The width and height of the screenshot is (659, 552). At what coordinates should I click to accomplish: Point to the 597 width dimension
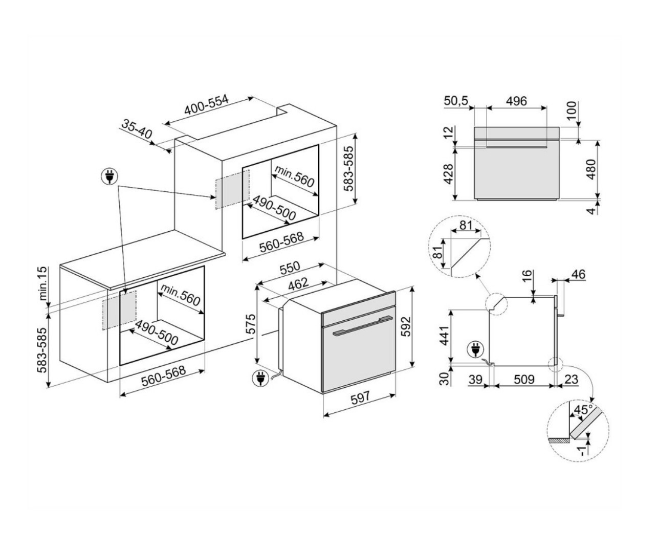(360, 401)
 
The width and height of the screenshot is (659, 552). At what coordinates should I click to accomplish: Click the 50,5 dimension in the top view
(456, 101)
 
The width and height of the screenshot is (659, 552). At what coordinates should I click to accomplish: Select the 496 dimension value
(516, 101)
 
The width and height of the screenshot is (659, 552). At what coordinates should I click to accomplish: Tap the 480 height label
(591, 169)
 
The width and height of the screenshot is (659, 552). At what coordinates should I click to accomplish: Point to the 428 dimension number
(448, 174)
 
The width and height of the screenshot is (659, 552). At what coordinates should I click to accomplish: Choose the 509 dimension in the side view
(523, 379)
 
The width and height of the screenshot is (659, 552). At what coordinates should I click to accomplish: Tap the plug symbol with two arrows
(109, 177)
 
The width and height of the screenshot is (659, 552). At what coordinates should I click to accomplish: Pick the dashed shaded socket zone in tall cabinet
(232, 188)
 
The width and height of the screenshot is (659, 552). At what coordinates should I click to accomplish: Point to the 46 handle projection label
(578, 275)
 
